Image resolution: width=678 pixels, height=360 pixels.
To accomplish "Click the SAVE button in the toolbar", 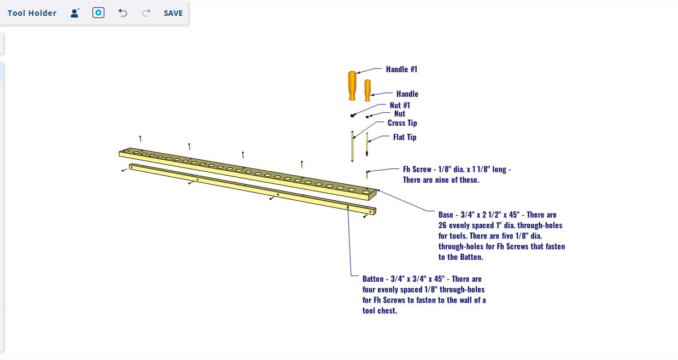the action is (173, 13).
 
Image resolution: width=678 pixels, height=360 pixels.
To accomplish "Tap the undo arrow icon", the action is (122, 13).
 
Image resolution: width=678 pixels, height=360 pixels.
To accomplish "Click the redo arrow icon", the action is (147, 13).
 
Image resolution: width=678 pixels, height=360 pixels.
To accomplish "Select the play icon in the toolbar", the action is (98, 13).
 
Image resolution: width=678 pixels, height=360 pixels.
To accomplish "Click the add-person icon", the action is (75, 13).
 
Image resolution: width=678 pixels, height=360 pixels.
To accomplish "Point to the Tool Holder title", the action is (32, 13).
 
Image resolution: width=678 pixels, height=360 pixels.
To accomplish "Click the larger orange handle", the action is (352, 86).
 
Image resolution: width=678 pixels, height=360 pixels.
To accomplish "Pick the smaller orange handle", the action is (367, 90).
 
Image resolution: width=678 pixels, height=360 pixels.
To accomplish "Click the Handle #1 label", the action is (401, 69).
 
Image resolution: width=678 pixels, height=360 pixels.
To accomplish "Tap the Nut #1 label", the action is (400, 106).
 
